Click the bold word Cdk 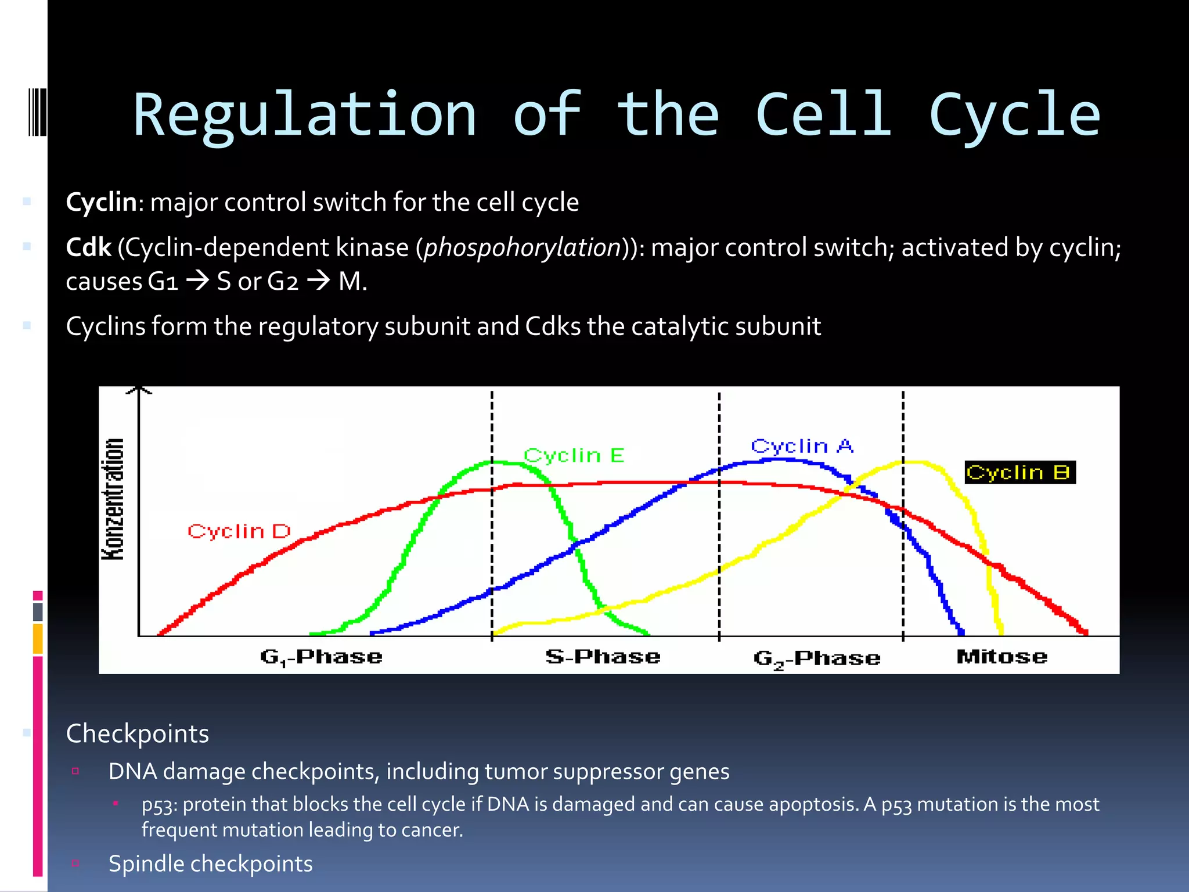[x=88, y=247]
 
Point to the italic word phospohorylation [x=523, y=248]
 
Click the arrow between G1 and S [x=197, y=282]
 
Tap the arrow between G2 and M [x=318, y=282]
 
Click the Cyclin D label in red [x=239, y=531]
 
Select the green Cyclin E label [x=574, y=455]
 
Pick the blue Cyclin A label [x=802, y=445]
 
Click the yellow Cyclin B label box [x=1019, y=472]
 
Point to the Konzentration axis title [x=113, y=499]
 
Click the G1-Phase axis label [x=321, y=657]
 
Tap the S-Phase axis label [x=603, y=656]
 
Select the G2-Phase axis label [x=816, y=658]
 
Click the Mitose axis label [x=1001, y=656]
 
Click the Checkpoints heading [x=138, y=733]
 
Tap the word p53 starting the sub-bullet [x=160, y=805]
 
